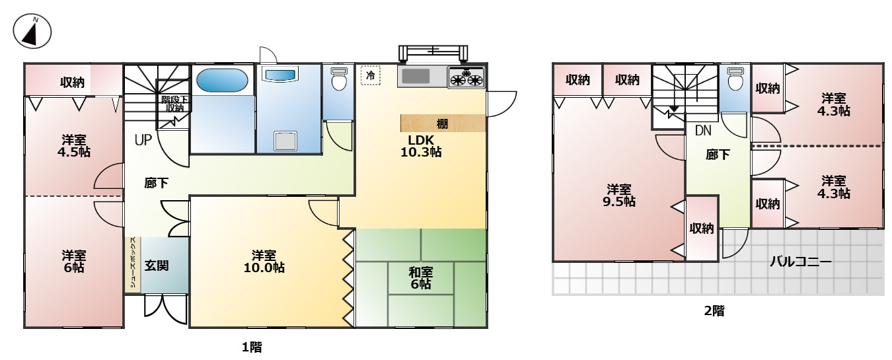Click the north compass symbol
(x=32, y=32)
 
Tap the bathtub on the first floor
(x=222, y=81)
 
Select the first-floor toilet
(x=339, y=79)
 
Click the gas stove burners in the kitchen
(x=466, y=77)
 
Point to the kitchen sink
(x=416, y=77)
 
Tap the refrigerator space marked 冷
(x=370, y=75)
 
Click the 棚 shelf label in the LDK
(x=442, y=124)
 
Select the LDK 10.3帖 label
(x=421, y=146)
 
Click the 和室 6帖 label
(x=420, y=278)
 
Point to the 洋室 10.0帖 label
(x=264, y=261)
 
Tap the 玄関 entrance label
(x=156, y=266)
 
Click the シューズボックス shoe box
(x=133, y=264)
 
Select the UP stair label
(x=143, y=140)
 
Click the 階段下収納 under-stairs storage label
(x=174, y=104)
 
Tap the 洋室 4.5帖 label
(x=73, y=146)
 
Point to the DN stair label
(x=703, y=130)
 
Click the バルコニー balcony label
(x=800, y=262)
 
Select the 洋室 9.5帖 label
(x=619, y=195)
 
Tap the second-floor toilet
(x=735, y=79)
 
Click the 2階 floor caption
(x=714, y=310)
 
